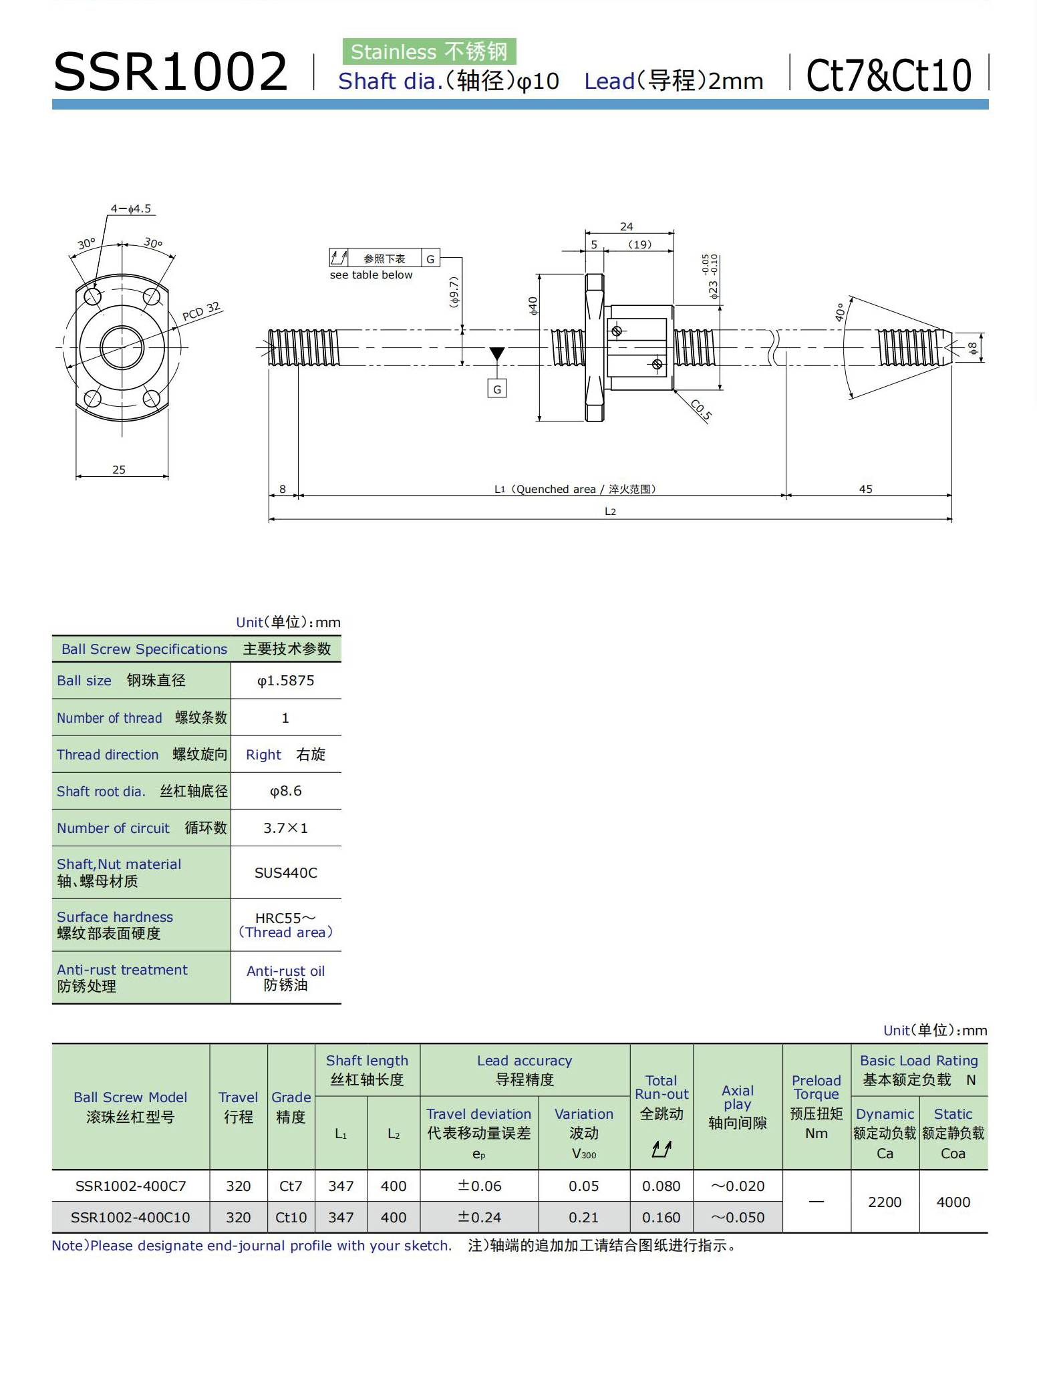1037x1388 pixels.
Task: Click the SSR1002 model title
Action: click(170, 71)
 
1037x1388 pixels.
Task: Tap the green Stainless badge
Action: click(429, 51)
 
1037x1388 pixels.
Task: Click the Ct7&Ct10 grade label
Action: click(889, 75)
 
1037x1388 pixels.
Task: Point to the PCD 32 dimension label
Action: click(201, 312)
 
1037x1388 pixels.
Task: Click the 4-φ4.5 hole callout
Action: click(131, 208)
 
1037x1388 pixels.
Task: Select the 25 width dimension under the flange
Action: click(119, 470)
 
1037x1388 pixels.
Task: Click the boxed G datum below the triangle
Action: click(496, 389)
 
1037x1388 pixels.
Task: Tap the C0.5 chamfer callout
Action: click(701, 409)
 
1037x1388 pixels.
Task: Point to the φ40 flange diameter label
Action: click(533, 306)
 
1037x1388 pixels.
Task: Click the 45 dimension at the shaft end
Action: click(865, 489)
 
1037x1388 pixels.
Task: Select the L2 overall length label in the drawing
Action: click(610, 512)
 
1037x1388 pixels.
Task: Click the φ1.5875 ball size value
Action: click(285, 681)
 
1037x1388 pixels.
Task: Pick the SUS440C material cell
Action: click(285, 872)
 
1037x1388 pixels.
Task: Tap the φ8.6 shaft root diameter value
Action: click(285, 791)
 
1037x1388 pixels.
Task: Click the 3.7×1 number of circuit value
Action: click(285, 828)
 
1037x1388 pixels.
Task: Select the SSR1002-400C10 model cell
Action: click(130, 1217)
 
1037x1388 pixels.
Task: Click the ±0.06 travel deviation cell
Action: click(479, 1186)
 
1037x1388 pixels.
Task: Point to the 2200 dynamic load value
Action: click(885, 1202)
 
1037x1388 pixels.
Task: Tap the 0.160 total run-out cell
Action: click(661, 1217)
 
